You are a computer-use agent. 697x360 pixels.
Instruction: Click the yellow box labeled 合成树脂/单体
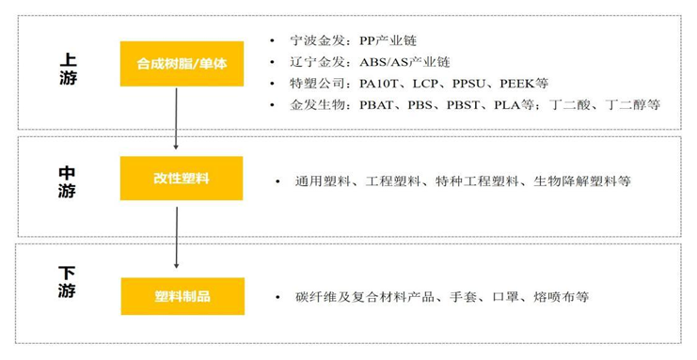[x=182, y=64]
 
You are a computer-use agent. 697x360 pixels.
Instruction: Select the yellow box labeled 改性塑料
[x=182, y=179]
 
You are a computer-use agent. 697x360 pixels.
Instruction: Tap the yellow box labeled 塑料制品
[x=182, y=296]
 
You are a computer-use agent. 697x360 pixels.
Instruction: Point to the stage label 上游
[x=67, y=68]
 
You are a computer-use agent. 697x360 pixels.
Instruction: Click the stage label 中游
[x=67, y=182]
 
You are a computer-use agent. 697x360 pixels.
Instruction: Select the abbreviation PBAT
[x=378, y=104]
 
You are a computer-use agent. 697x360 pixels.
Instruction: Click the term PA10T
[x=381, y=83]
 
